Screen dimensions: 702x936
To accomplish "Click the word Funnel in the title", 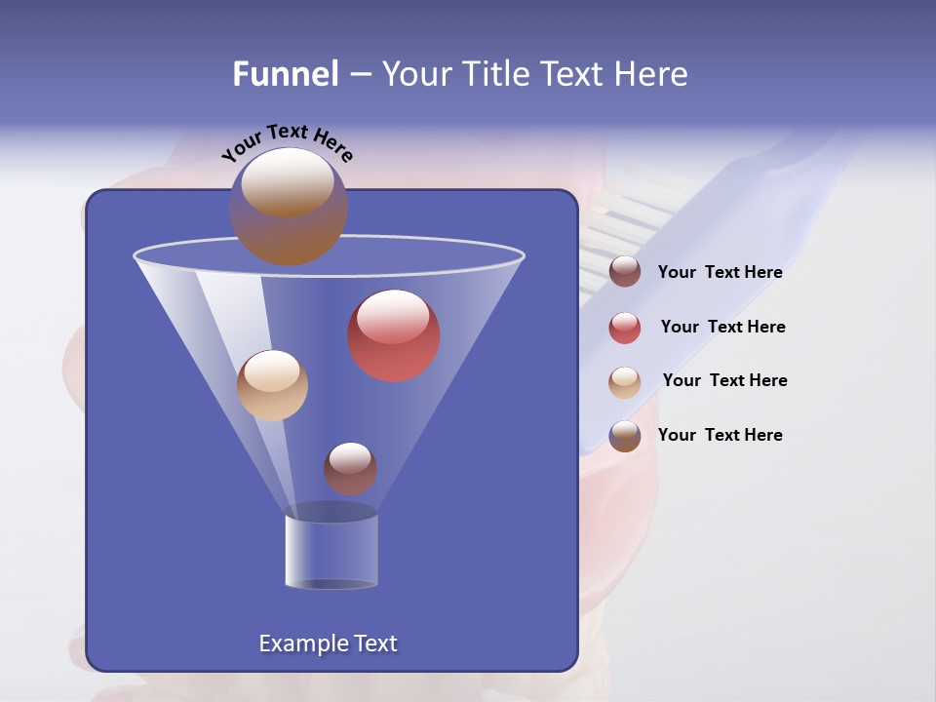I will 286,74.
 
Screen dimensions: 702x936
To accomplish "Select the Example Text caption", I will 328,643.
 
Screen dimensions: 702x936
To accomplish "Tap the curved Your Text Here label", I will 287,142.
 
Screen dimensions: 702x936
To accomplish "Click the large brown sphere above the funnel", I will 289,206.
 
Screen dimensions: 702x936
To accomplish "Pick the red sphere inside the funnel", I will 394,335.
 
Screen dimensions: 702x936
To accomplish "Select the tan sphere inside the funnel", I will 272,385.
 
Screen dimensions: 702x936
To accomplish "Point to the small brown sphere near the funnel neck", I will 350,468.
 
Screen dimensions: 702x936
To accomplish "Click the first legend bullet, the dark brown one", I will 625,272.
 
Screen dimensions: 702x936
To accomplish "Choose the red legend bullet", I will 625,328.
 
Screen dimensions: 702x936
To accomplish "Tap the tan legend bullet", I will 625,382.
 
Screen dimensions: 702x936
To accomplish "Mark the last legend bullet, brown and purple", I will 625,436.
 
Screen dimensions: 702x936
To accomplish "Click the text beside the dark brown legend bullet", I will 720,273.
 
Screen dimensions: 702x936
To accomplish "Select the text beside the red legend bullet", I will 722,328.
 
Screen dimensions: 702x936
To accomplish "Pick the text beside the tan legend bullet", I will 724,381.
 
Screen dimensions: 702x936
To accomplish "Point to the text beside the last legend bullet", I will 720,436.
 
